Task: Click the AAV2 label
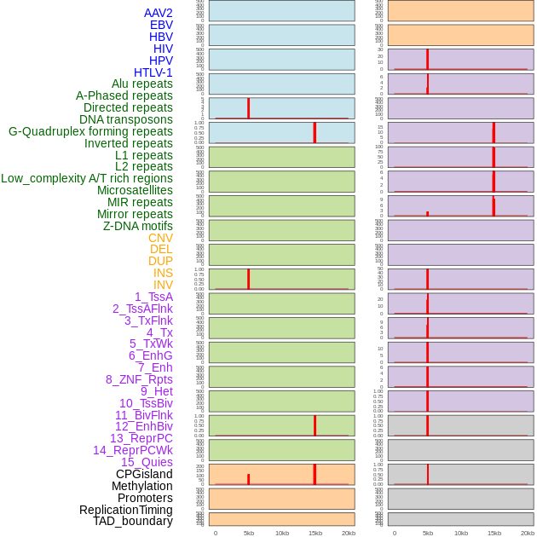click(x=158, y=13)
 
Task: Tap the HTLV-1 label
click(x=153, y=72)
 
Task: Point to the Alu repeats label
click(x=142, y=84)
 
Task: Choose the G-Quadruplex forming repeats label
click(x=90, y=131)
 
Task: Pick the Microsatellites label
click(x=135, y=190)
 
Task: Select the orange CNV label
click(x=160, y=238)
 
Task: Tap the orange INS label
click(x=163, y=273)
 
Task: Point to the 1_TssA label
click(x=153, y=297)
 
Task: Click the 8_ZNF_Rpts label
click(x=139, y=379)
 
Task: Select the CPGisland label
click(x=144, y=474)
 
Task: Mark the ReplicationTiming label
click(x=126, y=510)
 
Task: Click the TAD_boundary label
click(x=133, y=521)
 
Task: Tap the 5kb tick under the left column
click(x=249, y=533)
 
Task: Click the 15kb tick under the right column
click(x=494, y=533)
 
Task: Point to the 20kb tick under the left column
click(x=348, y=533)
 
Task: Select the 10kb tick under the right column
click(x=460, y=533)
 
